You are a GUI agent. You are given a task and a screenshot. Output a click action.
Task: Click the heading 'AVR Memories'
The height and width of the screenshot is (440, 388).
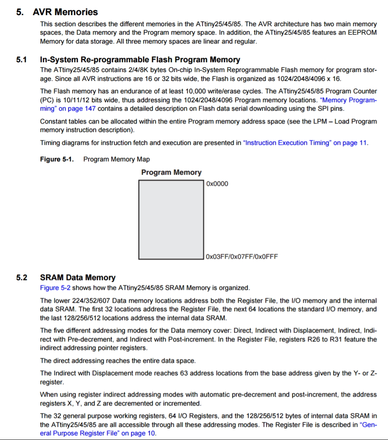point(65,12)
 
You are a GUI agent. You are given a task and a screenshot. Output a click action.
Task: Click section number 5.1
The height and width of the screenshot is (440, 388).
point(22,60)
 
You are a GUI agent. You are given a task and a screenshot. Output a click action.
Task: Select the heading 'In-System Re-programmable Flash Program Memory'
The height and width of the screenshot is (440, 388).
point(140,60)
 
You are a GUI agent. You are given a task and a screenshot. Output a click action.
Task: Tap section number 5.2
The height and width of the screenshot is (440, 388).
point(22,278)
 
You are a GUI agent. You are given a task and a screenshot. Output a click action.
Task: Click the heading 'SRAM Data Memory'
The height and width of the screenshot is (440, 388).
point(78,278)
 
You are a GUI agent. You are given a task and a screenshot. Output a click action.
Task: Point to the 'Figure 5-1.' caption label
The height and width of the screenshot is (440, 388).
point(57,159)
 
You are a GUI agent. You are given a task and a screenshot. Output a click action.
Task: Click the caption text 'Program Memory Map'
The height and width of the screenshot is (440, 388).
point(117,159)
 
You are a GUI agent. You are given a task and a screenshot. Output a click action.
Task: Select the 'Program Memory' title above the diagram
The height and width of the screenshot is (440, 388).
point(171,172)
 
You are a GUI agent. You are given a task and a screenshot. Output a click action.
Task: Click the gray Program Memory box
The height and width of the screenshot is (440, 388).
point(171,220)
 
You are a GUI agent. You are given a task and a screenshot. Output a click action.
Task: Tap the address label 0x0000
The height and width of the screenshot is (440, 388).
point(217,184)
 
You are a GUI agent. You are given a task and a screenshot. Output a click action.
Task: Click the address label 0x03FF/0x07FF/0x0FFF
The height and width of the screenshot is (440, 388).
point(242,256)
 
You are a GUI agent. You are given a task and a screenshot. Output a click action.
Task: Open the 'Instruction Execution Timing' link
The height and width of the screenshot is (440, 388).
point(306,143)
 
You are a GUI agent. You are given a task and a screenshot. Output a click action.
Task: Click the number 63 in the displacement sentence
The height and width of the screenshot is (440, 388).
point(184,373)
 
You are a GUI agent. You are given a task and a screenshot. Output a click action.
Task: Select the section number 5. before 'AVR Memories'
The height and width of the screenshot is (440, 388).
point(20,12)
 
